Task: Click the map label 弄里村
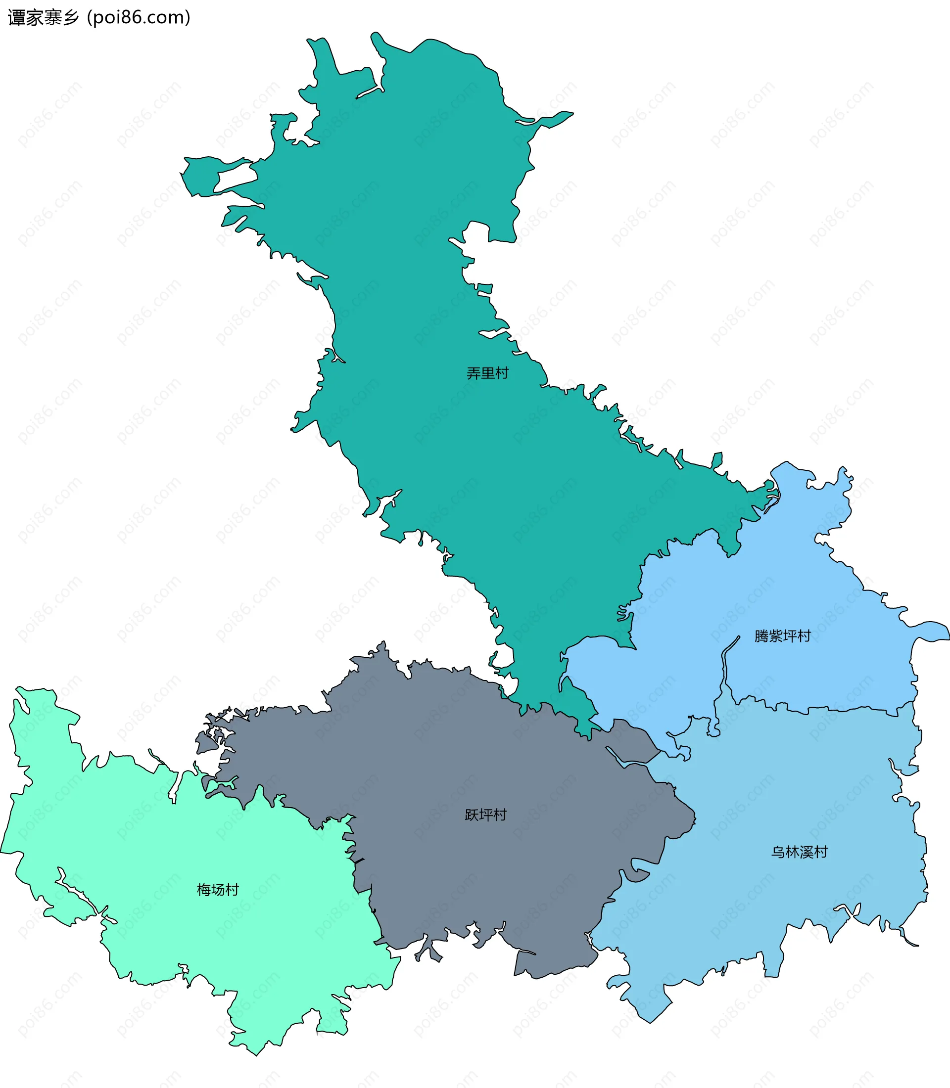(x=487, y=373)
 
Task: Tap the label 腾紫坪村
(x=782, y=635)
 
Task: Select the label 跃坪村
(x=485, y=815)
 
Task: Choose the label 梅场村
(x=218, y=889)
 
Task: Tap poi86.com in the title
(x=139, y=17)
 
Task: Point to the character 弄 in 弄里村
(x=474, y=373)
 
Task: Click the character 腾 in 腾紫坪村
(x=761, y=635)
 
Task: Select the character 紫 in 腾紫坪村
(x=776, y=635)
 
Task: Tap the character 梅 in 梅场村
(x=204, y=889)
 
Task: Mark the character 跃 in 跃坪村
(x=472, y=815)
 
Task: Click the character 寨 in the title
(x=52, y=17)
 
